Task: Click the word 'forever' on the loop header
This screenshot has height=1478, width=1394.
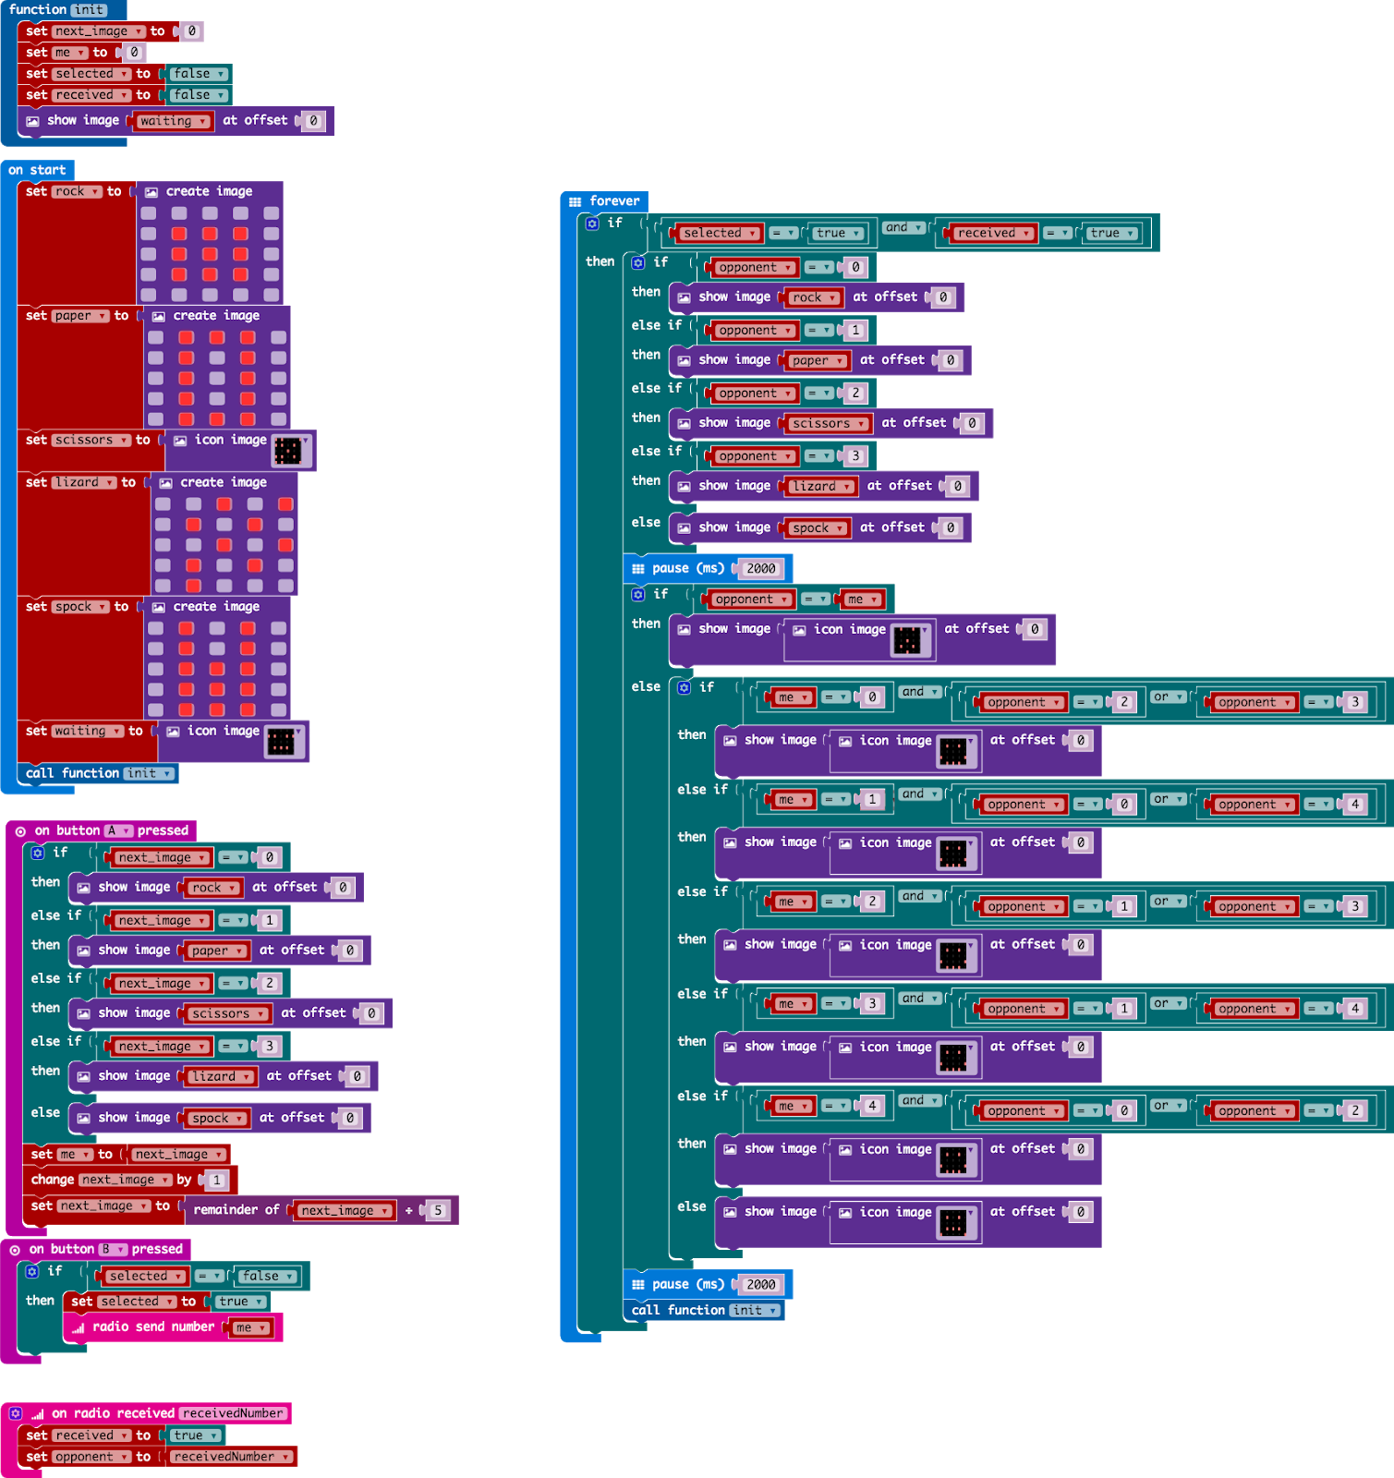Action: point(614,200)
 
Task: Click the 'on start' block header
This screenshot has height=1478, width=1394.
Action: point(37,170)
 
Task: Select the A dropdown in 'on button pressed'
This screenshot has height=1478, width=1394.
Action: point(117,830)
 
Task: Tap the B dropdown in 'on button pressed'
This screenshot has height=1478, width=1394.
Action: point(113,1249)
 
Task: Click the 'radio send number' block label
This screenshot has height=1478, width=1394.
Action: point(153,1327)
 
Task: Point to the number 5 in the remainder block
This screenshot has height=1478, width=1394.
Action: point(438,1210)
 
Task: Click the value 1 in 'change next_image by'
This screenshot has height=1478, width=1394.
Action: point(216,1180)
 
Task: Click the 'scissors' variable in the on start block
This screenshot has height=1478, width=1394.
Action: point(89,440)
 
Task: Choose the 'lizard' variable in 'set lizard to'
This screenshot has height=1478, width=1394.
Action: point(82,482)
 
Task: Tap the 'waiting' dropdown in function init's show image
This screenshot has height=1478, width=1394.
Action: point(173,121)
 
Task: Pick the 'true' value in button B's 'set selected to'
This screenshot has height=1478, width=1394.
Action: point(239,1302)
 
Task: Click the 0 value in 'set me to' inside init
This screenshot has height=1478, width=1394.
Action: point(134,53)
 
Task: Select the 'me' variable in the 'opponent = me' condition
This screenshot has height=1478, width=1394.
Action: point(862,600)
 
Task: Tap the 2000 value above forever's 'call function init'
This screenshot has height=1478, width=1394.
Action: point(761,1285)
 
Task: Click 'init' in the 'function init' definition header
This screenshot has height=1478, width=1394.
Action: point(89,9)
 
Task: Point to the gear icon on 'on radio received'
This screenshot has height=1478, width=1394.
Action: point(16,1413)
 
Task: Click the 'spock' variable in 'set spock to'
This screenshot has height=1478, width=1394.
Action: point(79,607)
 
